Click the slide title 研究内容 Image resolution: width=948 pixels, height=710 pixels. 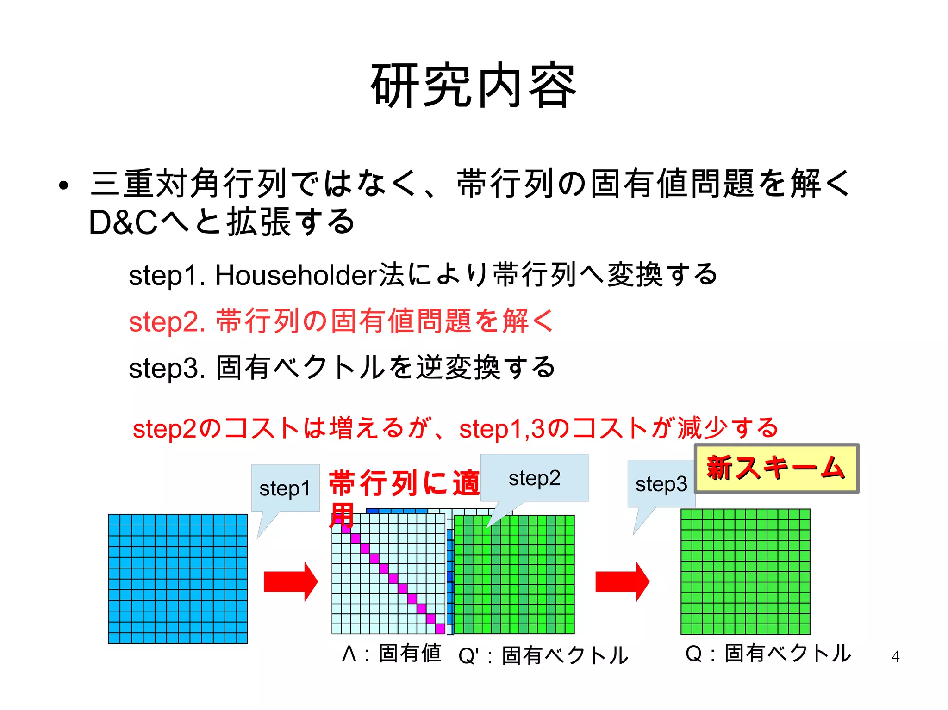coord(474,86)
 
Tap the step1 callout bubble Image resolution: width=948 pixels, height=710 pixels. coord(285,488)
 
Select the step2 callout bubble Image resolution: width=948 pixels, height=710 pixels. coord(535,478)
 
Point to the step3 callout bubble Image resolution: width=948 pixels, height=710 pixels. coord(661,484)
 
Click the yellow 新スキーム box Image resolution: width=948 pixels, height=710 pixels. coord(776,468)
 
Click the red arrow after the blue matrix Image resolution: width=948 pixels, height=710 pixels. coord(290,581)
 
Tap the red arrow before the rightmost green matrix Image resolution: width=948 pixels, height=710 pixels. coord(622,581)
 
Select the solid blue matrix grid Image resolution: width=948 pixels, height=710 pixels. coord(178,579)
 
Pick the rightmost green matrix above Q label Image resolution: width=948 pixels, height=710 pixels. coord(745,571)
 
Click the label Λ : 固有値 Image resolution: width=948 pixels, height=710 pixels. coord(392,654)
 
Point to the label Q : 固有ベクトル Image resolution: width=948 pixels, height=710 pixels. coord(768,654)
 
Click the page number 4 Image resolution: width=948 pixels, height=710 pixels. coord(895,656)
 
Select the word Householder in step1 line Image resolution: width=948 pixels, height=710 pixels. coord(296,275)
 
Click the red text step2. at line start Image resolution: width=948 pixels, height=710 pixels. coord(167,322)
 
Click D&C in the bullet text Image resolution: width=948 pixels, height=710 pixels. coord(123,222)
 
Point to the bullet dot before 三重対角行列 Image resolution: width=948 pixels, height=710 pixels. coord(64,186)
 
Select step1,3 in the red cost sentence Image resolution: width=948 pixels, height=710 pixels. coord(502,429)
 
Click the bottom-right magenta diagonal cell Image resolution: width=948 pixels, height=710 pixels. coord(440,629)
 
